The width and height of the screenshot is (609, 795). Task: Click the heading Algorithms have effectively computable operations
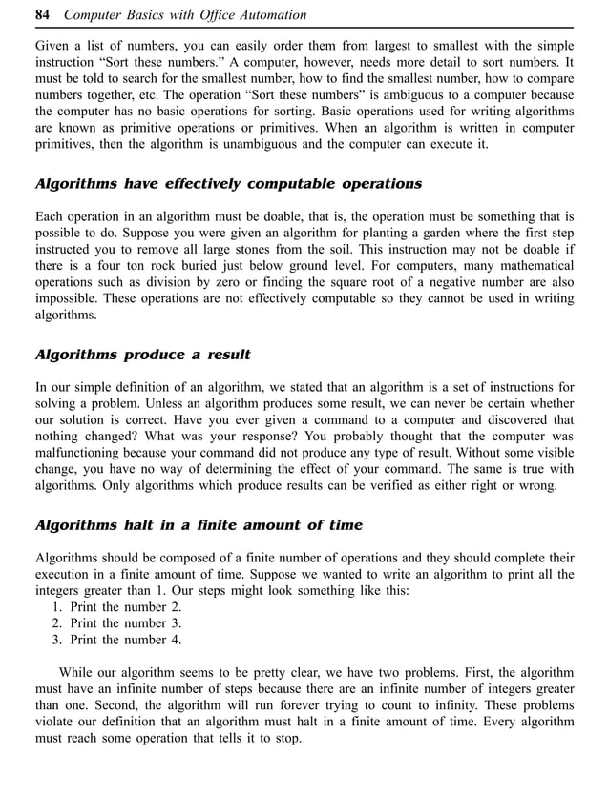[228, 183]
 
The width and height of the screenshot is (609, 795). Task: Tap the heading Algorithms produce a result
[142, 355]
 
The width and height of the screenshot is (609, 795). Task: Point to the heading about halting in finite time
[199, 525]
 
